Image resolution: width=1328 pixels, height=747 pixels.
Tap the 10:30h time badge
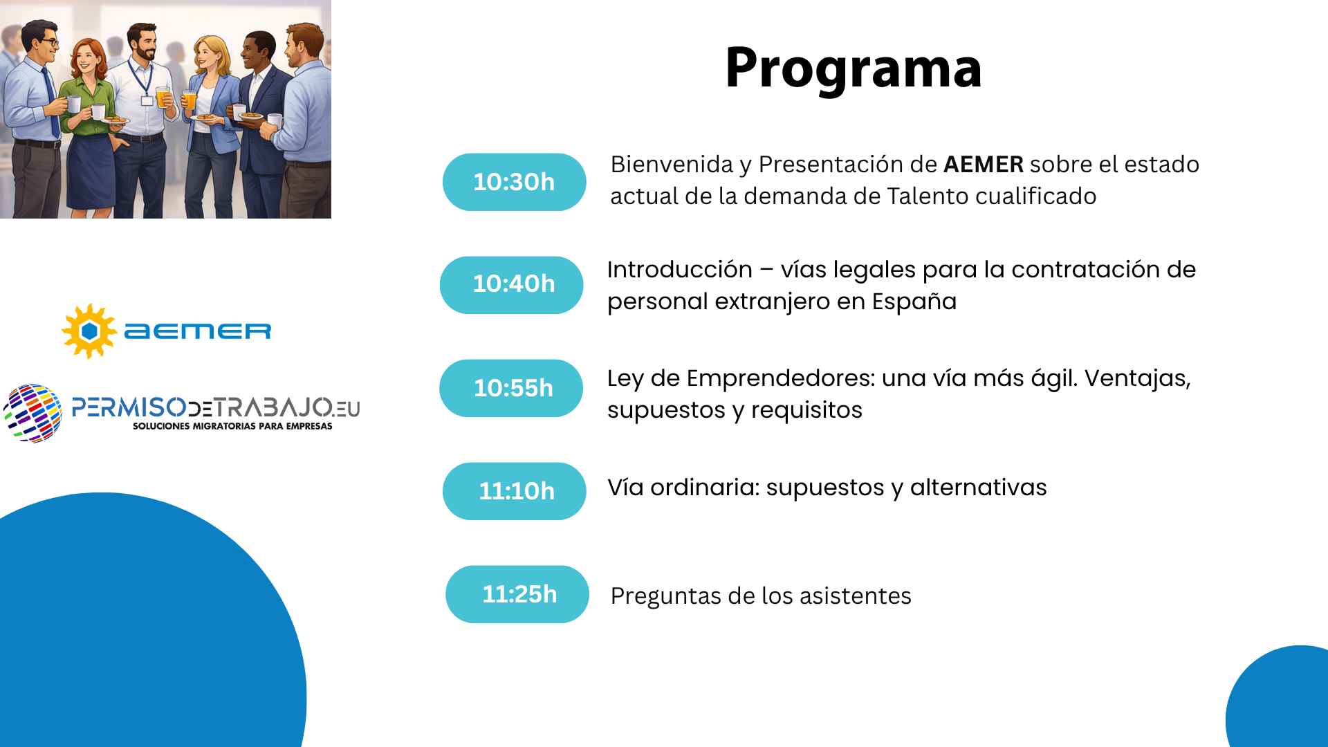[514, 182]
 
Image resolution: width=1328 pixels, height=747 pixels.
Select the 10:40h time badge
[512, 284]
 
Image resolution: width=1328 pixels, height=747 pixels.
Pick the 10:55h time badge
[512, 388]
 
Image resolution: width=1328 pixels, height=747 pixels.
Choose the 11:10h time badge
[515, 491]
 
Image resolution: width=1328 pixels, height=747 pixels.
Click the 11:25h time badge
[517, 594]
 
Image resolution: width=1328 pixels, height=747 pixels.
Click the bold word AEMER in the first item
[983, 165]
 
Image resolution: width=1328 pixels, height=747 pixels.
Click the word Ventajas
[1136, 378]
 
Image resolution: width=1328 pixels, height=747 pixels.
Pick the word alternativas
[978, 488]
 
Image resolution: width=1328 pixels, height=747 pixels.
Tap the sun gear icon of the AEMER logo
[89, 331]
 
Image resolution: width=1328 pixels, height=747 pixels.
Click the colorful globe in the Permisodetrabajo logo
[33, 413]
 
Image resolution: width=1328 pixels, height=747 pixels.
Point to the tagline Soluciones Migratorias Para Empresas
[232, 426]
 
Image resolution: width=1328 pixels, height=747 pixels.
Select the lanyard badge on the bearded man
[147, 100]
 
